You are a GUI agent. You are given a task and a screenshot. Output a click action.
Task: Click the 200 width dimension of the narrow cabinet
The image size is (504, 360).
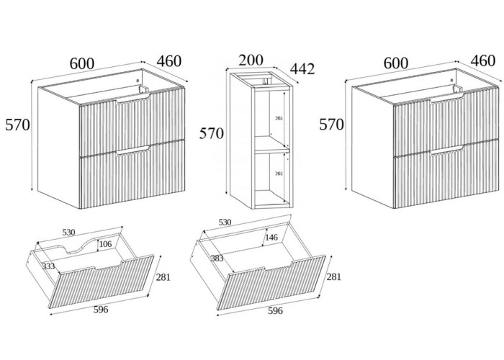click(x=251, y=60)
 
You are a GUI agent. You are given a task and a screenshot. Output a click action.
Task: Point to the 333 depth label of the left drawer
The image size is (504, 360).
click(x=49, y=266)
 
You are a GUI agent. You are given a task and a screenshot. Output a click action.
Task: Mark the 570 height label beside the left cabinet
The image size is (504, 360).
click(x=17, y=125)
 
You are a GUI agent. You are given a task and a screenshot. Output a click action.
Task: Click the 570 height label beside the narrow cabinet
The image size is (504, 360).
click(x=212, y=133)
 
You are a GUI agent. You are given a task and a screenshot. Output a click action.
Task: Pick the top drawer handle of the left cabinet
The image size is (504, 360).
click(x=132, y=103)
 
